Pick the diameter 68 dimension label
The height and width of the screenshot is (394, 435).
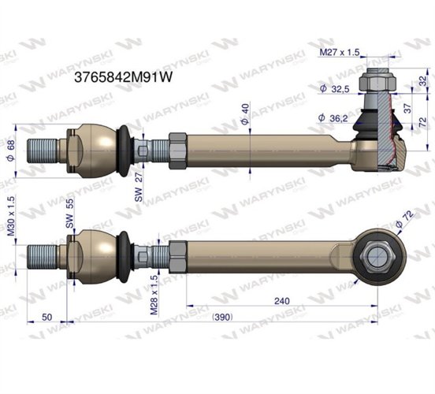(12, 147)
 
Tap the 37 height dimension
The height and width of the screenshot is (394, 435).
(407, 107)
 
